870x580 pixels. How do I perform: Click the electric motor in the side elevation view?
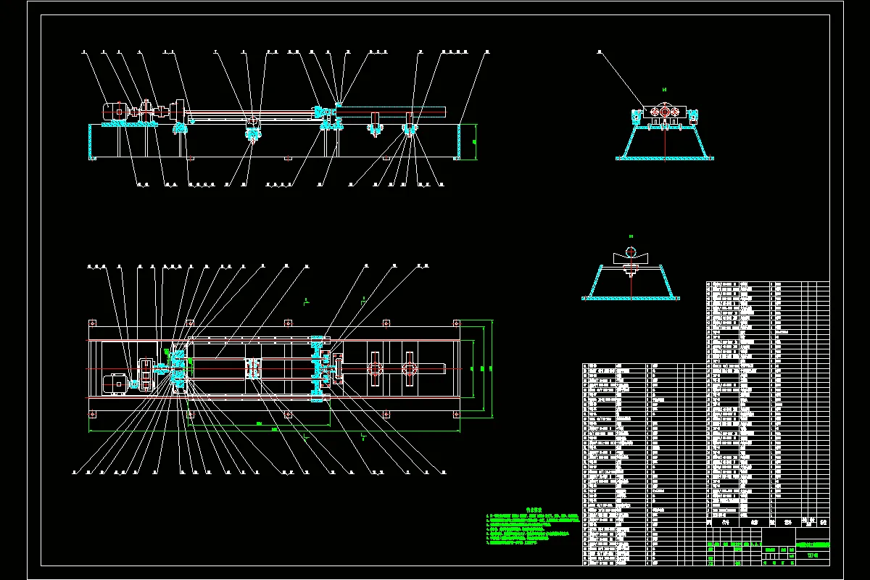[113, 111]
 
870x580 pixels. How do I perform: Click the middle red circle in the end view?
[664, 112]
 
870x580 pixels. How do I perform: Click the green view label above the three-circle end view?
[664, 89]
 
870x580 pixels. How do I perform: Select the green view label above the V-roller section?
[631, 236]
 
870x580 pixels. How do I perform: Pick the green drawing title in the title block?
[813, 545]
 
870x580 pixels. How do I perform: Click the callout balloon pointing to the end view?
[600, 52]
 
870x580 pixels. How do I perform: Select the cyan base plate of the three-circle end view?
[664, 157]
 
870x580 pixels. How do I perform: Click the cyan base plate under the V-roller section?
[631, 297]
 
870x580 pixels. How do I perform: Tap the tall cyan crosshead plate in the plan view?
[317, 368]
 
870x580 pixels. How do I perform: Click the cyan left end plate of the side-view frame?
[91, 141]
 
